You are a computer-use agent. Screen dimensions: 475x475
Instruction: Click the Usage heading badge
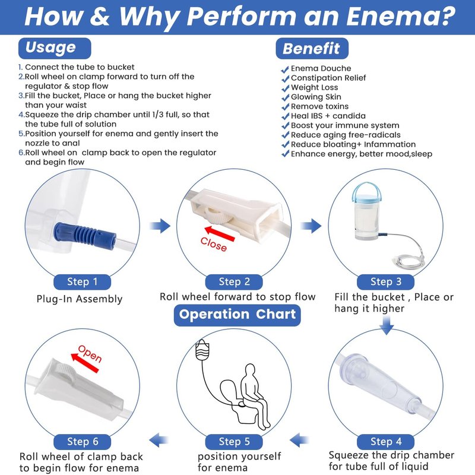click(x=55, y=48)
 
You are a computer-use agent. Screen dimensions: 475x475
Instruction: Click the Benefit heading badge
click(x=312, y=49)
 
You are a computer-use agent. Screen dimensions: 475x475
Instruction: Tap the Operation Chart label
click(x=237, y=315)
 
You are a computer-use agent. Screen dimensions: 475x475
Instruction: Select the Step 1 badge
click(x=82, y=282)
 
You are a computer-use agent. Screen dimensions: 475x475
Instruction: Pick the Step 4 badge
click(x=385, y=442)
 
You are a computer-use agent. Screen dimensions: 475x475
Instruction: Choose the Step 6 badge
click(x=82, y=442)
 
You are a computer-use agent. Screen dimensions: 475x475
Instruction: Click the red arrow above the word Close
click(x=220, y=233)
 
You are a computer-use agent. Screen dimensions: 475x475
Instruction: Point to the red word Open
click(x=90, y=353)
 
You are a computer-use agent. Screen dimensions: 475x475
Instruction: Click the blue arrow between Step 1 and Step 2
click(x=160, y=226)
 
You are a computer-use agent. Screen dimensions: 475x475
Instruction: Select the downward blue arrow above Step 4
click(x=387, y=325)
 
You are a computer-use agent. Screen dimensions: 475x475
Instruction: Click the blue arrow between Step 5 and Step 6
click(x=159, y=440)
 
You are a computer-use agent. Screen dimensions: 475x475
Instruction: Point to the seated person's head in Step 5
click(x=249, y=370)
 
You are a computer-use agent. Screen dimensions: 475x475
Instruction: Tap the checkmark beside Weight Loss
click(x=285, y=88)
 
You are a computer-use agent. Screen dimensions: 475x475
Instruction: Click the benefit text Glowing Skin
click(x=316, y=97)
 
